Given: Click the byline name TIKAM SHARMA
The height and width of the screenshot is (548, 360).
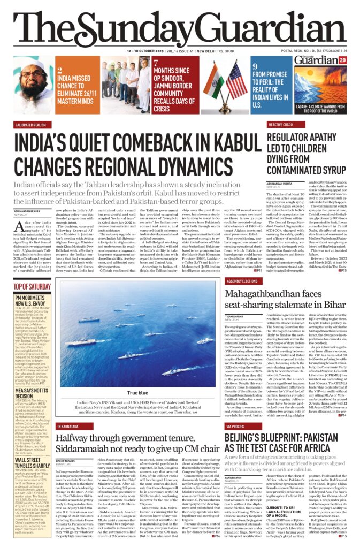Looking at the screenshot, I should (x=234, y=315).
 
